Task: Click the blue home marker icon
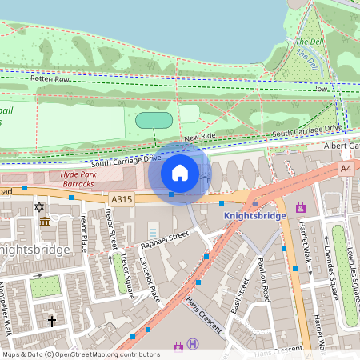[180, 172]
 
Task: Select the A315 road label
[122, 199]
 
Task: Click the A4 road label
[346, 169]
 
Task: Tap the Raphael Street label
[163, 236]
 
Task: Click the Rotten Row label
[50, 78]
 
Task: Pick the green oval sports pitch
[154, 120]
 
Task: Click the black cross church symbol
[52, 321]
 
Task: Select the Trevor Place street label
[82, 231]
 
